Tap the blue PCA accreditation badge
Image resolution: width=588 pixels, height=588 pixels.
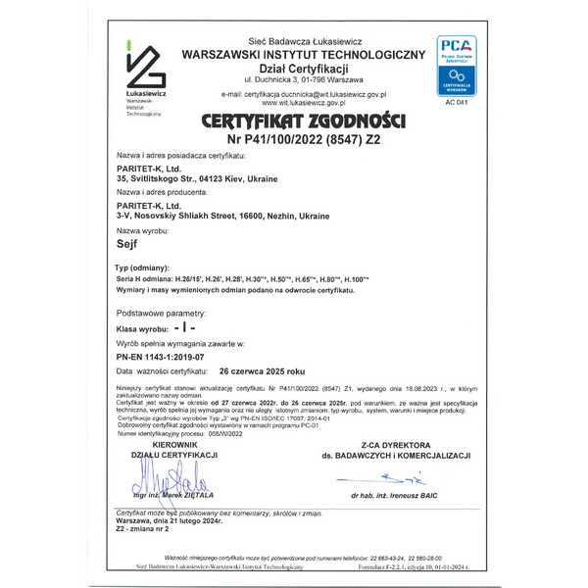[x=456, y=65]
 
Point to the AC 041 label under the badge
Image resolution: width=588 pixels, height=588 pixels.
[x=456, y=102]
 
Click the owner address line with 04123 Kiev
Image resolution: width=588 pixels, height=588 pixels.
[x=197, y=179]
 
